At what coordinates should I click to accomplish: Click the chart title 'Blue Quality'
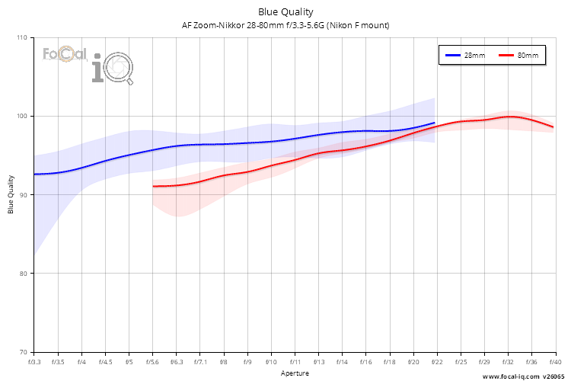[x=285, y=11]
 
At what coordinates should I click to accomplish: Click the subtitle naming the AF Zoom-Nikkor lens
[x=285, y=25]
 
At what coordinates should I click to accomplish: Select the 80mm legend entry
[x=520, y=56]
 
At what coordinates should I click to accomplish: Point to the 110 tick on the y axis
[x=21, y=37]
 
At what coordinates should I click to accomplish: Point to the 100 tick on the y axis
[x=21, y=117]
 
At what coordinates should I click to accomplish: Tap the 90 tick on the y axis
[x=23, y=195]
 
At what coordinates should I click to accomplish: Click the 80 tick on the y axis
[x=23, y=274]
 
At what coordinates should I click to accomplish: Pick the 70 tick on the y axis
[x=23, y=352]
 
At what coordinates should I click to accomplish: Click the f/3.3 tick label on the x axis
[x=34, y=362]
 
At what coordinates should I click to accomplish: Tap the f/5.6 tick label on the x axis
[x=153, y=362]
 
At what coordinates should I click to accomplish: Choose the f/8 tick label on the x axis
[x=224, y=362]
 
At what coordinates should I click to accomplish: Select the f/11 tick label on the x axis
[x=295, y=362]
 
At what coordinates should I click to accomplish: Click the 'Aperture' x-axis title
[x=295, y=373]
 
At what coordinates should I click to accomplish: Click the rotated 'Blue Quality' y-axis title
[x=11, y=194]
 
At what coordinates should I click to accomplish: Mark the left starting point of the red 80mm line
[x=154, y=186]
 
